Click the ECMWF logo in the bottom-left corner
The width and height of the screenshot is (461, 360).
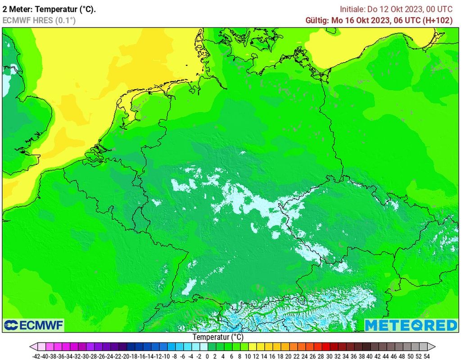tap(34, 325)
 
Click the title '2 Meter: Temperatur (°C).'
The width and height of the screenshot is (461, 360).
tap(49, 9)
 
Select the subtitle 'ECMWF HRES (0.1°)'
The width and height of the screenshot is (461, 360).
tap(39, 20)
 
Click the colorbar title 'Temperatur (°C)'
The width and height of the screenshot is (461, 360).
tap(218, 337)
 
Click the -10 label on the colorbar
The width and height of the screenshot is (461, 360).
tap(167, 356)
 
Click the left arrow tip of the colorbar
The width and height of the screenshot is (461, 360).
tap(31, 347)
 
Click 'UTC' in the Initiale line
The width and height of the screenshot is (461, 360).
tap(445, 9)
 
